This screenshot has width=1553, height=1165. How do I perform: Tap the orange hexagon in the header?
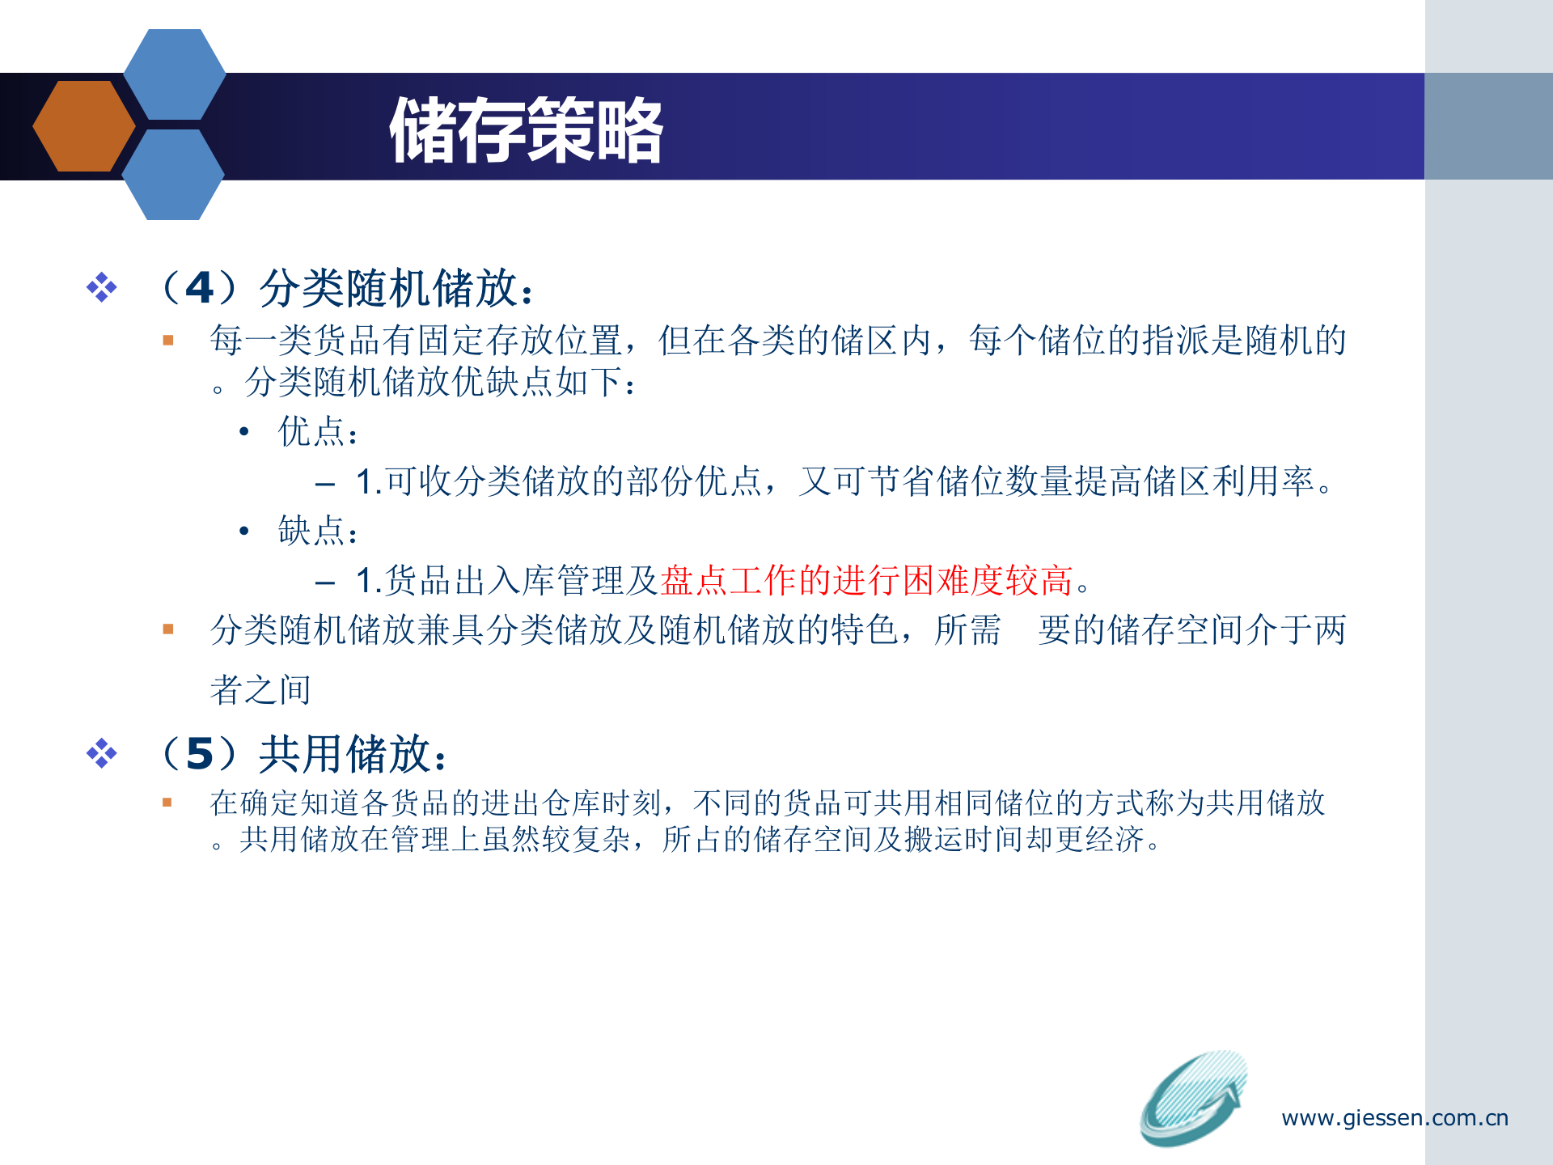(x=83, y=126)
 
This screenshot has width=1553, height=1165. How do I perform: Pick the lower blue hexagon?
(x=173, y=175)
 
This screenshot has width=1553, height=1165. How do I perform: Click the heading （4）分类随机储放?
(x=348, y=288)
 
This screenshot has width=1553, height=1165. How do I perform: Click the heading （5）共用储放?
(x=304, y=754)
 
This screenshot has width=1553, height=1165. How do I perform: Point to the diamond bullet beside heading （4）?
(x=102, y=288)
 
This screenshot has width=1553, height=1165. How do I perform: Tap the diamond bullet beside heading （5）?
(x=102, y=753)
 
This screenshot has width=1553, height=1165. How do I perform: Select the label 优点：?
(x=318, y=432)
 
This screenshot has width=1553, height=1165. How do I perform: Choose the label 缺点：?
(x=318, y=532)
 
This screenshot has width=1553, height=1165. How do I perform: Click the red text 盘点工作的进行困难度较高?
(x=866, y=581)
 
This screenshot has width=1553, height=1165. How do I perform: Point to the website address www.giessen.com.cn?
(x=1394, y=1118)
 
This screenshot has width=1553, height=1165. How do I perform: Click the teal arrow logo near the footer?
(x=1194, y=1098)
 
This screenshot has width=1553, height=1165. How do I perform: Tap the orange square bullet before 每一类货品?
(x=168, y=341)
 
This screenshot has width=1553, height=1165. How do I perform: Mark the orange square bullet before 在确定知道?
(x=167, y=803)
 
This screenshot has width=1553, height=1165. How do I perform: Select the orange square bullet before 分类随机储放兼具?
(x=168, y=629)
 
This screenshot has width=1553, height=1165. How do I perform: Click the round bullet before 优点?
(x=244, y=432)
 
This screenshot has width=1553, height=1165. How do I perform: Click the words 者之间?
(x=260, y=690)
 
